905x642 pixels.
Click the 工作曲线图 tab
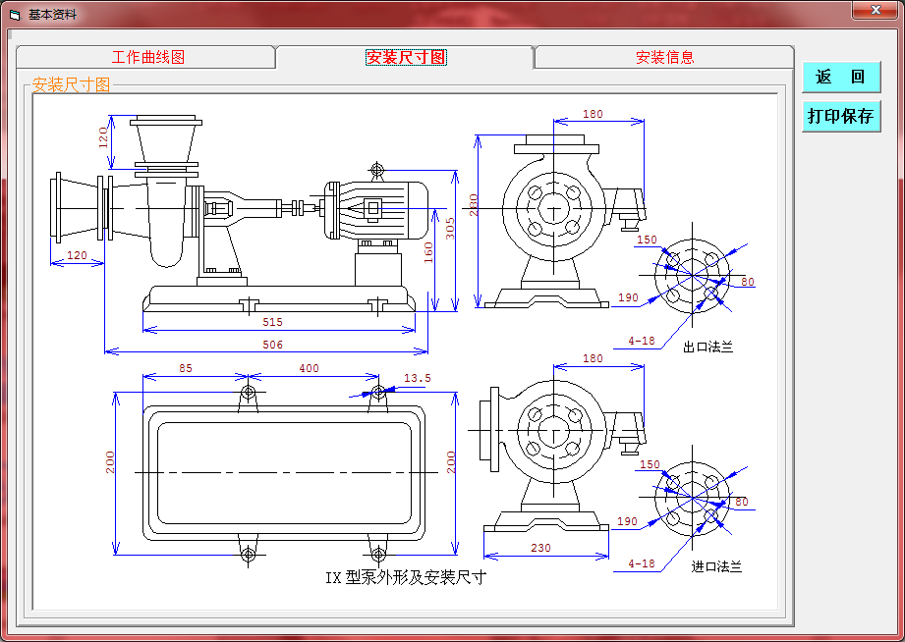(147, 58)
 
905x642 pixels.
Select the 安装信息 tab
(664, 58)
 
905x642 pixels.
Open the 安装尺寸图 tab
(406, 58)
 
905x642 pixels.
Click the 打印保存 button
(840, 116)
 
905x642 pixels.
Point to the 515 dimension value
(273, 322)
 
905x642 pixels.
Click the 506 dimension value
(273, 345)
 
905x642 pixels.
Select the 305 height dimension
(449, 229)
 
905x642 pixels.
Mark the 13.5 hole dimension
(418, 378)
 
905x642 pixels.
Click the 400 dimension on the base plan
(309, 369)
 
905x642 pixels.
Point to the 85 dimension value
(186, 369)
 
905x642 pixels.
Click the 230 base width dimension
(540, 549)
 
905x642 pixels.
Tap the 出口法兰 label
(707, 347)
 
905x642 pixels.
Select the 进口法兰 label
(716, 566)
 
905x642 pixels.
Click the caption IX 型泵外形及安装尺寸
(406, 577)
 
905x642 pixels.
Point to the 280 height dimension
(473, 204)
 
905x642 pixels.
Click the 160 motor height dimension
(428, 253)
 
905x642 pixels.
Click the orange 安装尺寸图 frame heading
(72, 85)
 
